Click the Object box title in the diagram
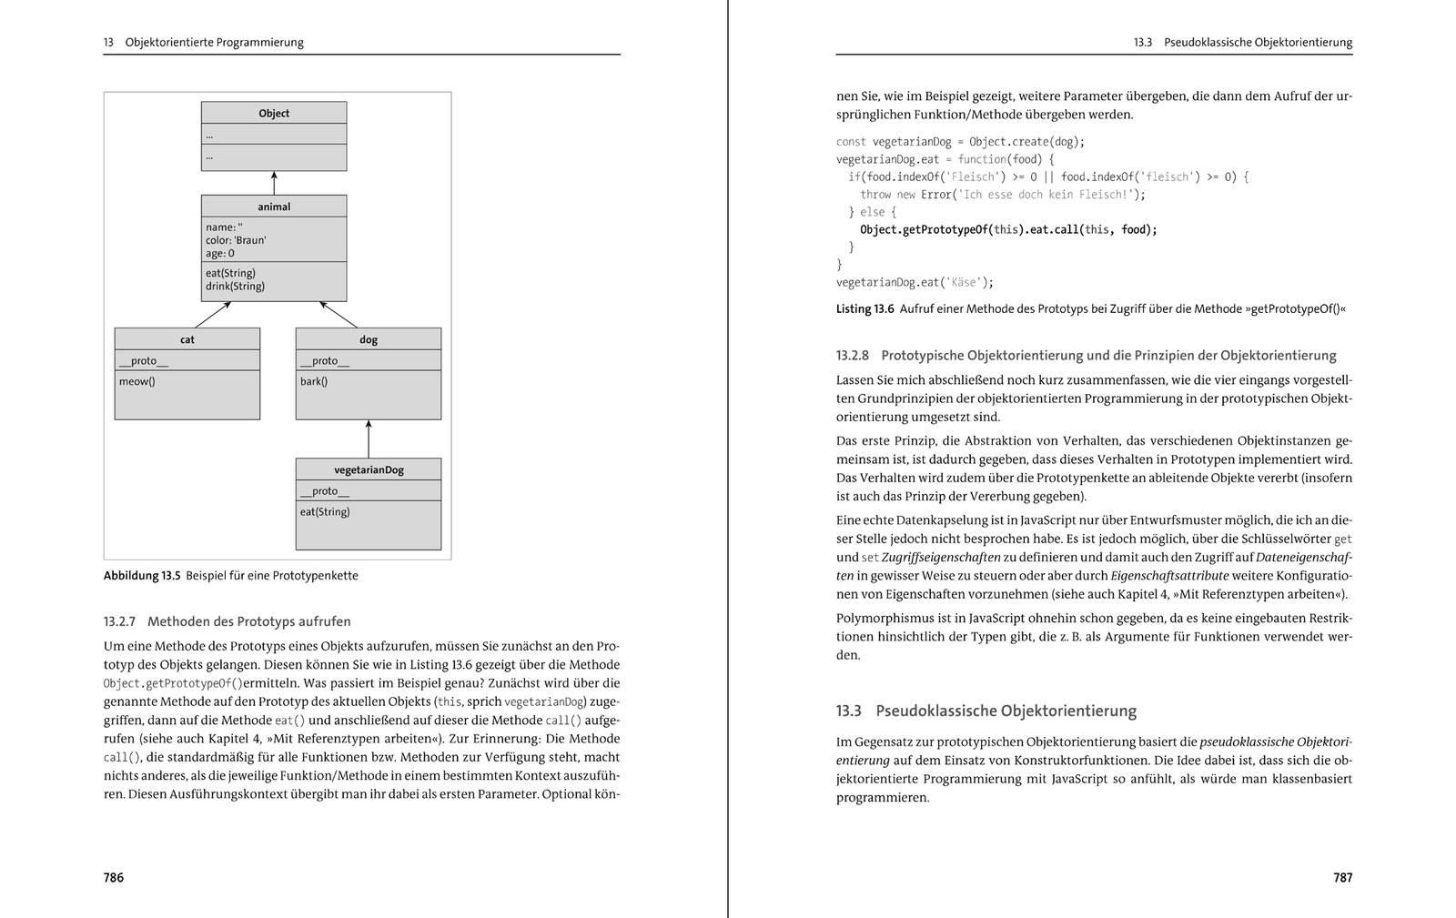pyautogui.click(x=274, y=114)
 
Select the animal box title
pyautogui.click(x=274, y=207)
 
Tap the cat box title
pyautogui.click(x=187, y=339)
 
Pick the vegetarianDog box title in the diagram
pyautogui.click(x=369, y=469)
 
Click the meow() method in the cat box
pyautogui.click(x=137, y=381)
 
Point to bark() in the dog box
pyautogui.click(x=314, y=381)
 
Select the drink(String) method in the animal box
pyautogui.click(x=235, y=287)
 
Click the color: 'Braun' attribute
pyautogui.click(x=236, y=240)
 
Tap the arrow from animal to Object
pyautogui.click(x=274, y=183)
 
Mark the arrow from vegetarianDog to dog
pyautogui.click(x=369, y=439)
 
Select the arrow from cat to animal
pyautogui.click(x=213, y=315)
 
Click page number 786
pyautogui.click(x=114, y=878)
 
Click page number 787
pyautogui.click(x=1343, y=878)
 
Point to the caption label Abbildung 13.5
pyautogui.click(x=142, y=576)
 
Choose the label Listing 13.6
pyautogui.click(x=864, y=309)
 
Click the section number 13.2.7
pyautogui.click(x=119, y=622)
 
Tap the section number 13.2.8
pyautogui.click(x=853, y=356)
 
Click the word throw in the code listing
pyautogui.click(x=875, y=195)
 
